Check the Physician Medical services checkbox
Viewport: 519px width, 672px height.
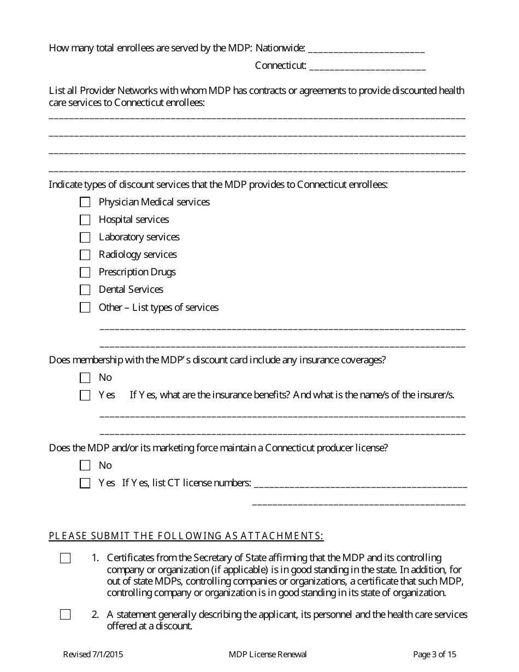pyautogui.click(x=85, y=202)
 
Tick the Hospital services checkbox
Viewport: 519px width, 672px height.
pyautogui.click(x=85, y=220)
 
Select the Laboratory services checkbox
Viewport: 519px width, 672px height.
pyautogui.click(x=85, y=237)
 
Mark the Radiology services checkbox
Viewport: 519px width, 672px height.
pyautogui.click(x=85, y=255)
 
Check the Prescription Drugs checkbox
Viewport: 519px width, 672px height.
pyautogui.click(x=85, y=272)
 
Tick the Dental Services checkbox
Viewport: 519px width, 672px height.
pyautogui.click(x=85, y=290)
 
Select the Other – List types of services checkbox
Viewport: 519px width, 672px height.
pyautogui.click(x=85, y=308)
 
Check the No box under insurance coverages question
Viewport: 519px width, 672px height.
pyautogui.click(x=85, y=378)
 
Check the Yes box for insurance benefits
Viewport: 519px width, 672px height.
pyautogui.click(x=85, y=395)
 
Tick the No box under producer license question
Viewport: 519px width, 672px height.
pyautogui.click(x=85, y=465)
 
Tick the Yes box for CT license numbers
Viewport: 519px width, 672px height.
pyautogui.click(x=85, y=483)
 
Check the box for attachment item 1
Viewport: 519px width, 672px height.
pyautogui.click(x=66, y=558)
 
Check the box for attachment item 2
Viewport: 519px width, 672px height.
pyautogui.click(x=66, y=615)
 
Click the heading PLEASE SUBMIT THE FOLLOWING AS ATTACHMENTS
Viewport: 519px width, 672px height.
pyautogui.click(x=186, y=536)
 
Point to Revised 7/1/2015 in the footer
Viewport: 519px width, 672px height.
pyautogui.click(x=93, y=655)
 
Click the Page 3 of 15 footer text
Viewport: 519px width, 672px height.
pyautogui.click(x=434, y=655)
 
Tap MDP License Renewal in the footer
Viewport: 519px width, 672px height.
pyautogui.click(x=268, y=655)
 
